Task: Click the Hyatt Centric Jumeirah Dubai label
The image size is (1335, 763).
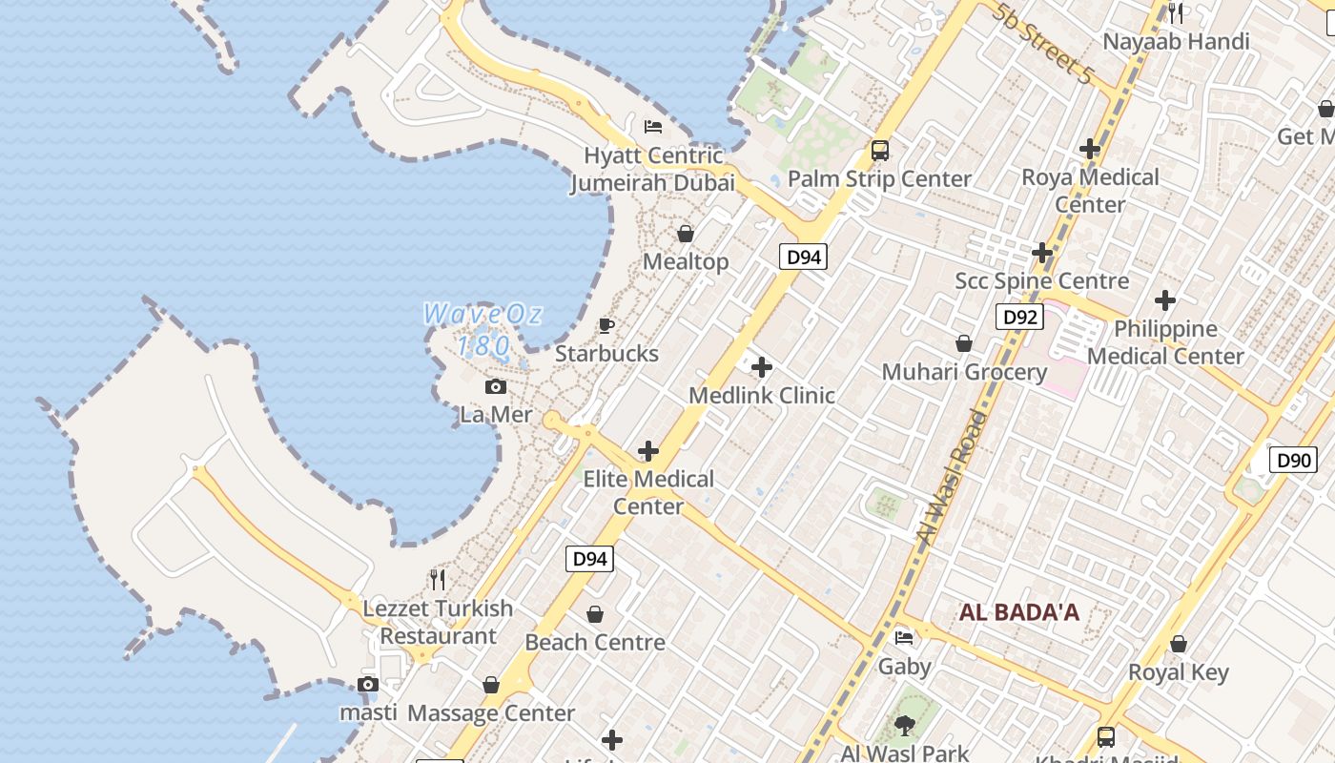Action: [653, 169]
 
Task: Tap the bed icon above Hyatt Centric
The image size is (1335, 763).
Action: [653, 126]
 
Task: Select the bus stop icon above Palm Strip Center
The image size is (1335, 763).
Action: [879, 150]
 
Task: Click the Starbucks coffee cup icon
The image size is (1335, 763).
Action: [606, 326]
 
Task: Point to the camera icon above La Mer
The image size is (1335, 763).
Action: [496, 386]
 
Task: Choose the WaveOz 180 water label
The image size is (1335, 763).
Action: [483, 329]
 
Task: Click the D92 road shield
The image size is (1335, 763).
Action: [1019, 317]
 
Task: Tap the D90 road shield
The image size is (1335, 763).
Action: [1294, 460]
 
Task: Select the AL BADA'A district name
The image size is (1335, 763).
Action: [1019, 612]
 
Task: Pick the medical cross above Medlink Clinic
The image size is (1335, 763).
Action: [762, 367]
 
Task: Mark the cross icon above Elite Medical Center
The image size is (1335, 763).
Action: [648, 451]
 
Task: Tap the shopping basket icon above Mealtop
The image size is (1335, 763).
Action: [686, 234]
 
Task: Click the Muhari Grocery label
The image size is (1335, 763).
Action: [964, 372]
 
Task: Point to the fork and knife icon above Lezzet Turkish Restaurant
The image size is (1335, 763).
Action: [438, 579]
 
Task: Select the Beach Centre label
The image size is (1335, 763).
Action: [595, 642]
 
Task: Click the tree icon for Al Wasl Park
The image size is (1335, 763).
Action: [905, 726]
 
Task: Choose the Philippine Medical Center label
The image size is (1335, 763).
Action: [1165, 342]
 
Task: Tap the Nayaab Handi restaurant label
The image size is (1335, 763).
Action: [1176, 42]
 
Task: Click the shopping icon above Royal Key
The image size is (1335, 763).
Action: [1179, 644]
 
